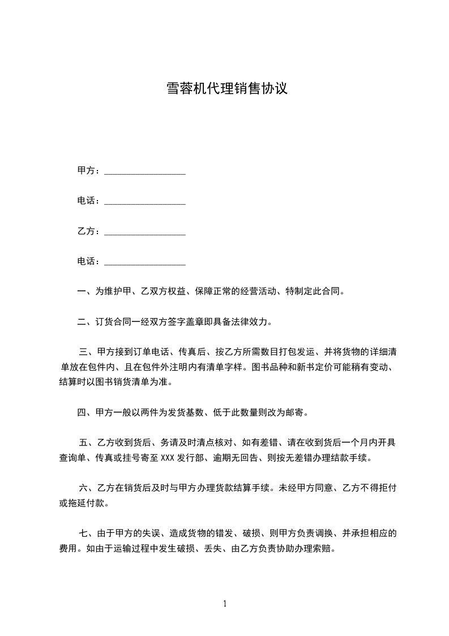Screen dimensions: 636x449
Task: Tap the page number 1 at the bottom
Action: (225, 604)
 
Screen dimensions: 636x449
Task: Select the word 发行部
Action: (190, 458)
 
